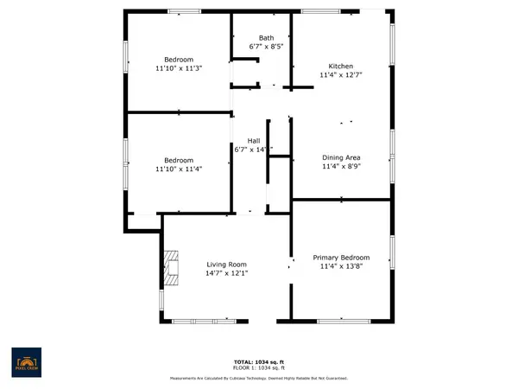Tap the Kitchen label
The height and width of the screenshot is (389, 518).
[x=340, y=67]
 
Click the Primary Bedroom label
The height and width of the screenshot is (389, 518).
[x=341, y=258]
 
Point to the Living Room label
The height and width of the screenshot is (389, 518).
[x=226, y=265]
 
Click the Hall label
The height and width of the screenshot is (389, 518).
[x=254, y=140]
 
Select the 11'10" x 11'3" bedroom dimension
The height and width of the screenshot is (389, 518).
[x=178, y=68]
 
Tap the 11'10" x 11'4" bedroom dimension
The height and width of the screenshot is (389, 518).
[x=178, y=169]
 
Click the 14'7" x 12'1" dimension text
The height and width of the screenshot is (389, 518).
[x=226, y=274]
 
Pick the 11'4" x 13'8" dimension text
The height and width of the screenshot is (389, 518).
[x=341, y=267]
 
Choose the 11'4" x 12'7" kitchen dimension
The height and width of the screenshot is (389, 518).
[x=340, y=76]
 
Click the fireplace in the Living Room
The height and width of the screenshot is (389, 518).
[x=171, y=267]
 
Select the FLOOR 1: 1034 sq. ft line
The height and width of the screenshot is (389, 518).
[x=256, y=367]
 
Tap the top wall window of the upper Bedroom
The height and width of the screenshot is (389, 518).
[x=180, y=11]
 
